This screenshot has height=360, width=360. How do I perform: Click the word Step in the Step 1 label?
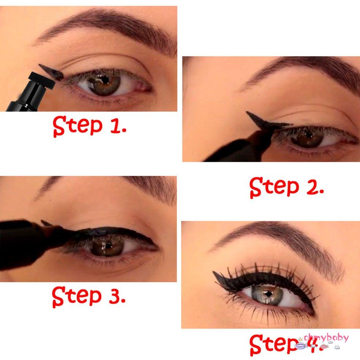point(77,126)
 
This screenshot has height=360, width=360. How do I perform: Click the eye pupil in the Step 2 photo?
point(309,136)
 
